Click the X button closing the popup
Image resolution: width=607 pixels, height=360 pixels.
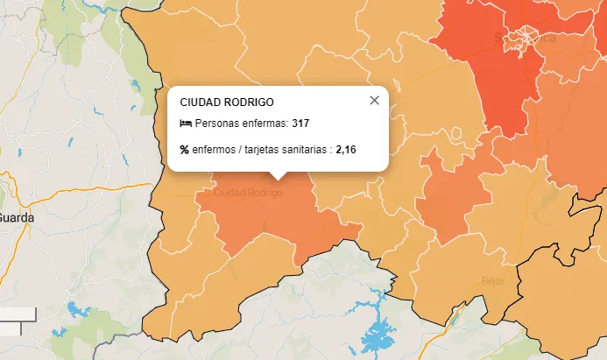point(374,100)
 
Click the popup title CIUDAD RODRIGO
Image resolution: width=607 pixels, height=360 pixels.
point(226,102)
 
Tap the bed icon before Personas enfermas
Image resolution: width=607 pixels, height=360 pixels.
point(185,124)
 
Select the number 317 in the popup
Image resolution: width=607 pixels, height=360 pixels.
point(300,124)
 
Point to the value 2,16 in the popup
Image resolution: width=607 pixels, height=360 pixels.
point(346,149)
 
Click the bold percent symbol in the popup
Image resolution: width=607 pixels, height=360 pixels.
point(185,149)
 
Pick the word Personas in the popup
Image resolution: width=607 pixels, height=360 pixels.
point(216,124)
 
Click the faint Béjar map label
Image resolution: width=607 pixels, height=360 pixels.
point(493,281)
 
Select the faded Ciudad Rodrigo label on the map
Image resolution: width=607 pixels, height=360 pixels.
point(248,192)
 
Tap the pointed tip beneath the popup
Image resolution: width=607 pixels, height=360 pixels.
point(278,176)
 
